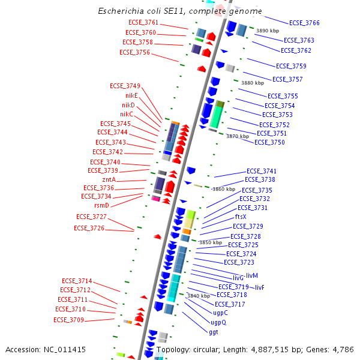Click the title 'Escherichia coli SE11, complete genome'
click(x=179, y=11)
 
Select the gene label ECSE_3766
click(x=304, y=23)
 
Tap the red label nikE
click(x=131, y=95)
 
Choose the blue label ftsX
click(x=241, y=217)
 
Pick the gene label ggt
click(x=214, y=332)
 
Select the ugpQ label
click(x=218, y=322)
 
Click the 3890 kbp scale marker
click(x=268, y=30)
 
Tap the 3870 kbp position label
click(x=237, y=136)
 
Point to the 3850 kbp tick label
click(x=210, y=242)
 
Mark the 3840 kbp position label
click(x=198, y=296)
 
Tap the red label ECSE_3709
click(x=68, y=320)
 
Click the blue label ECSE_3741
click(x=262, y=171)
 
